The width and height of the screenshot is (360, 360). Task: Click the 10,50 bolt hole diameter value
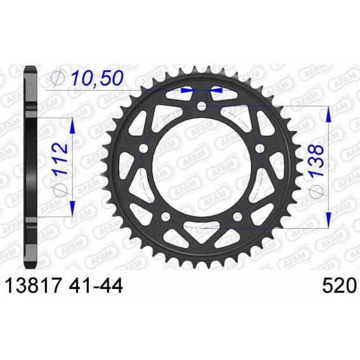(98, 78)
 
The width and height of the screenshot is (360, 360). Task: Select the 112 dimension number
(61, 159)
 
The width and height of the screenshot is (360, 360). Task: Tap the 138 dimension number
(316, 160)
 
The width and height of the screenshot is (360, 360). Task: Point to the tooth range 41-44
(96, 286)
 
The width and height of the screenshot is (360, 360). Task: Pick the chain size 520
(340, 286)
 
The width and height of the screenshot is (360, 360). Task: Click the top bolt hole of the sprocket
(202, 106)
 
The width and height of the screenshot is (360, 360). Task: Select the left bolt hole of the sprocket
(144, 148)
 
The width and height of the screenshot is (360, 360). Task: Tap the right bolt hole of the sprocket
(260, 148)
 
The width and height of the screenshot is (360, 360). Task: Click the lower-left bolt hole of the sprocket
(166, 216)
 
